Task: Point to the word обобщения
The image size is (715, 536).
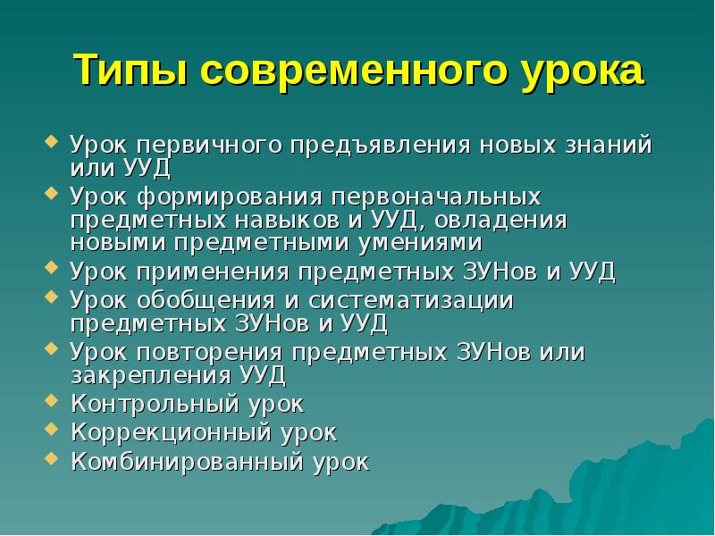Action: pos(208,300)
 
